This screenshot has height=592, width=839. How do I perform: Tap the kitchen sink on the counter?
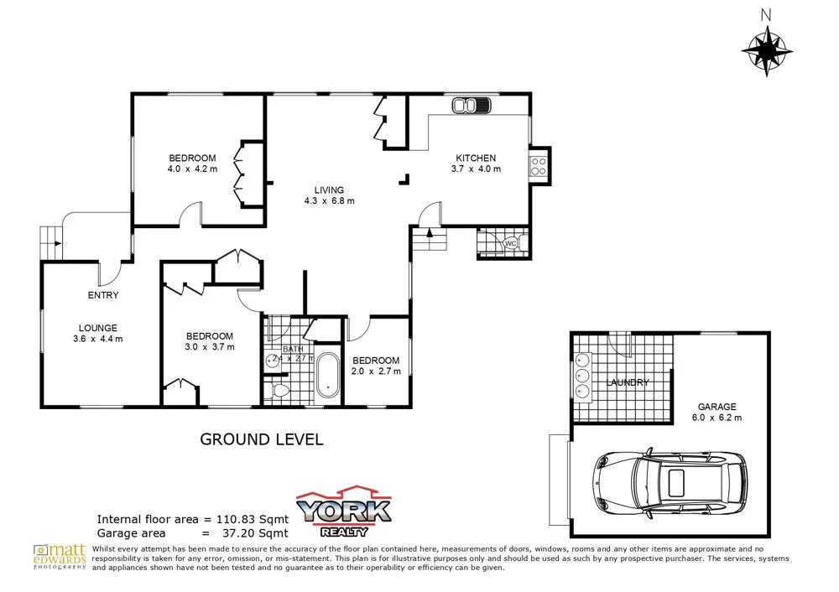(x=471, y=106)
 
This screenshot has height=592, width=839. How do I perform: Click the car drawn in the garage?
(x=670, y=485)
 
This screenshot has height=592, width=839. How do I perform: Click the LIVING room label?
(x=329, y=190)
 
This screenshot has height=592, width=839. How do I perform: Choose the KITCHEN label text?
(x=476, y=158)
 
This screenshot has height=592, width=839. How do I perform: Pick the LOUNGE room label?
(x=98, y=328)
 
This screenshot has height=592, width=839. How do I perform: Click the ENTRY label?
(x=103, y=295)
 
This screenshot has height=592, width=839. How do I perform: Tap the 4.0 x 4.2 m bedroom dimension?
(x=192, y=169)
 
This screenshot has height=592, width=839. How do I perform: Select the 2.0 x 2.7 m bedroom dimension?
(x=375, y=371)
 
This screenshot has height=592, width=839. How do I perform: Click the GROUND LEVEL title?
(x=261, y=439)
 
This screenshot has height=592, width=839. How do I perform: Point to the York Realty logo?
(x=346, y=510)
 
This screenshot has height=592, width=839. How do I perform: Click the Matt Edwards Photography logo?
(x=60, y=555)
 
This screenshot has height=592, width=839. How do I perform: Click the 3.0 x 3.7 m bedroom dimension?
(x=210, y=346)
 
